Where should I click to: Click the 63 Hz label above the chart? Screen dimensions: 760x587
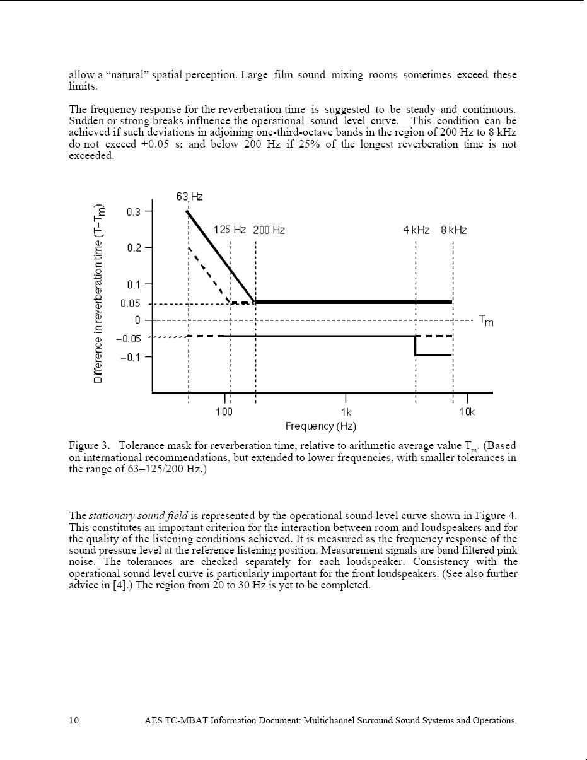[x=189, y=197]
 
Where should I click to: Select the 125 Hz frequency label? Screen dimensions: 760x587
[x=230, y=230]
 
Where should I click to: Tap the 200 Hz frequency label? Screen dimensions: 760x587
[x=269, y=230]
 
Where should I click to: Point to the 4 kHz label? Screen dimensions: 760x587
[x=416, y=230]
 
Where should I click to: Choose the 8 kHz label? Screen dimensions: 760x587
[x=454, y=230]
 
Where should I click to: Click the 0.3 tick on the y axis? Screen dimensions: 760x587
[x=134, y=212]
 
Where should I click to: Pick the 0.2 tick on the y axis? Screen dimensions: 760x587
[x=134, y=248]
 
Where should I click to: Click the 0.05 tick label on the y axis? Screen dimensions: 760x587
[x=131, y=303]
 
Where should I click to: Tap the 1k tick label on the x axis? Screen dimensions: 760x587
[x=346, y=412]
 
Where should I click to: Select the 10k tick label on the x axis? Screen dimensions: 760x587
[x=467, y=412]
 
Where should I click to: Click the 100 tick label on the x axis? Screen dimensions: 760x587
[x=224, y=412]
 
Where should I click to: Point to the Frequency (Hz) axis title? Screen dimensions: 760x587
[x=320, y=426]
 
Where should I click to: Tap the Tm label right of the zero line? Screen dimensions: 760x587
[x=486, y=321]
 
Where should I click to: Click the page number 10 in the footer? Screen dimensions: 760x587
[x=74, y=720]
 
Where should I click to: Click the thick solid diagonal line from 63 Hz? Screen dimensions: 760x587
[x=221, y=257]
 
